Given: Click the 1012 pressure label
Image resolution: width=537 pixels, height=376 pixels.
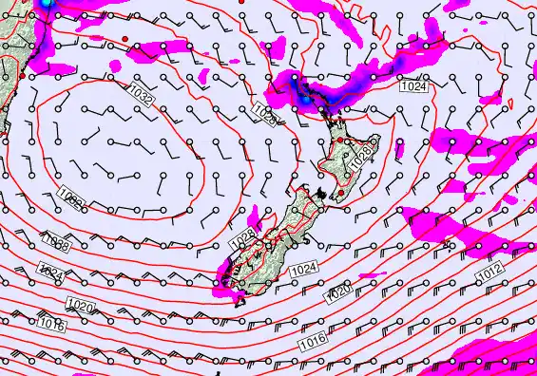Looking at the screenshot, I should click(x=489, y=273).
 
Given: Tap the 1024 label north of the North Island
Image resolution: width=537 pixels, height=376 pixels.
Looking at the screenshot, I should click(x=413, y=86).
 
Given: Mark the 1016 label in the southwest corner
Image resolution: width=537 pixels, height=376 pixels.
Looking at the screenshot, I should click(x=53, y=326).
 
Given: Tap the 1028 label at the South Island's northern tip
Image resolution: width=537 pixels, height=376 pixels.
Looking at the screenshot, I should click(x=243, y=235).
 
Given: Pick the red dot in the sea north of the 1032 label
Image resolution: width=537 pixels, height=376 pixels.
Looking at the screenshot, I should click(x=125, y=37).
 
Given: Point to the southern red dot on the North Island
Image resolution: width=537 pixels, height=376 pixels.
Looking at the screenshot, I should click(x=341, y=193).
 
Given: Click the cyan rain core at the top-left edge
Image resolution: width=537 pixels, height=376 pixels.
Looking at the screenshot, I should click(x=45, y=4).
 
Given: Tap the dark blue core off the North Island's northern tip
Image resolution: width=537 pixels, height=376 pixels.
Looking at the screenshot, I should click(x=302, y=96).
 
